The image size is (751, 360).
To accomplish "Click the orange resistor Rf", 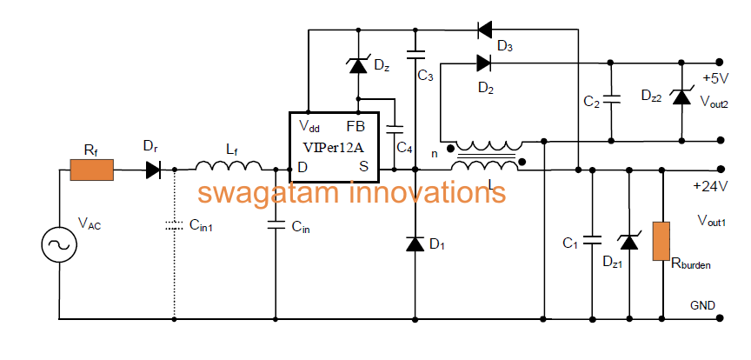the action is pos(92,170).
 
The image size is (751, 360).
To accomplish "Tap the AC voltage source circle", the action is pos(59,245).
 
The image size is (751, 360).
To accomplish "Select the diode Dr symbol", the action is pos(153,170).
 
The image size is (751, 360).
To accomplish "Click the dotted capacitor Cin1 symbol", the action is pos(175,225).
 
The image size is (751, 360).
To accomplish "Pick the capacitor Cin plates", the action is pos(276,224).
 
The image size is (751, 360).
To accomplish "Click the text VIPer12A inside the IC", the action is pos(334,147).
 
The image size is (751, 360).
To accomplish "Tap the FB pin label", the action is pos(356,127).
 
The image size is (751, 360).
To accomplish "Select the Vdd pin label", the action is pos(309,127).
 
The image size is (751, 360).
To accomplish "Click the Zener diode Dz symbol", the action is pos(358,66).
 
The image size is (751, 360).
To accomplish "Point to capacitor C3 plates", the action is pos(415,55).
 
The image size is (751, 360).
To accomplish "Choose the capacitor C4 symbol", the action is pos(395,129).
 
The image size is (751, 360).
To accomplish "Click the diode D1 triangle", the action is pos(415,244).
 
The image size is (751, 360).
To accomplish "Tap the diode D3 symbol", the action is pos(485,30).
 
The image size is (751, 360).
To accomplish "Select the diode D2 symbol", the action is pos(484,63).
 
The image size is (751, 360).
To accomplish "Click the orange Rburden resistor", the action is pos(661,241).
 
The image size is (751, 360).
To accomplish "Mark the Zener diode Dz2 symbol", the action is pos(681,97).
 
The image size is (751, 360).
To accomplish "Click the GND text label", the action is pos(702,305).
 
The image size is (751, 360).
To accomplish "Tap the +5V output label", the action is pos(714,77).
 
